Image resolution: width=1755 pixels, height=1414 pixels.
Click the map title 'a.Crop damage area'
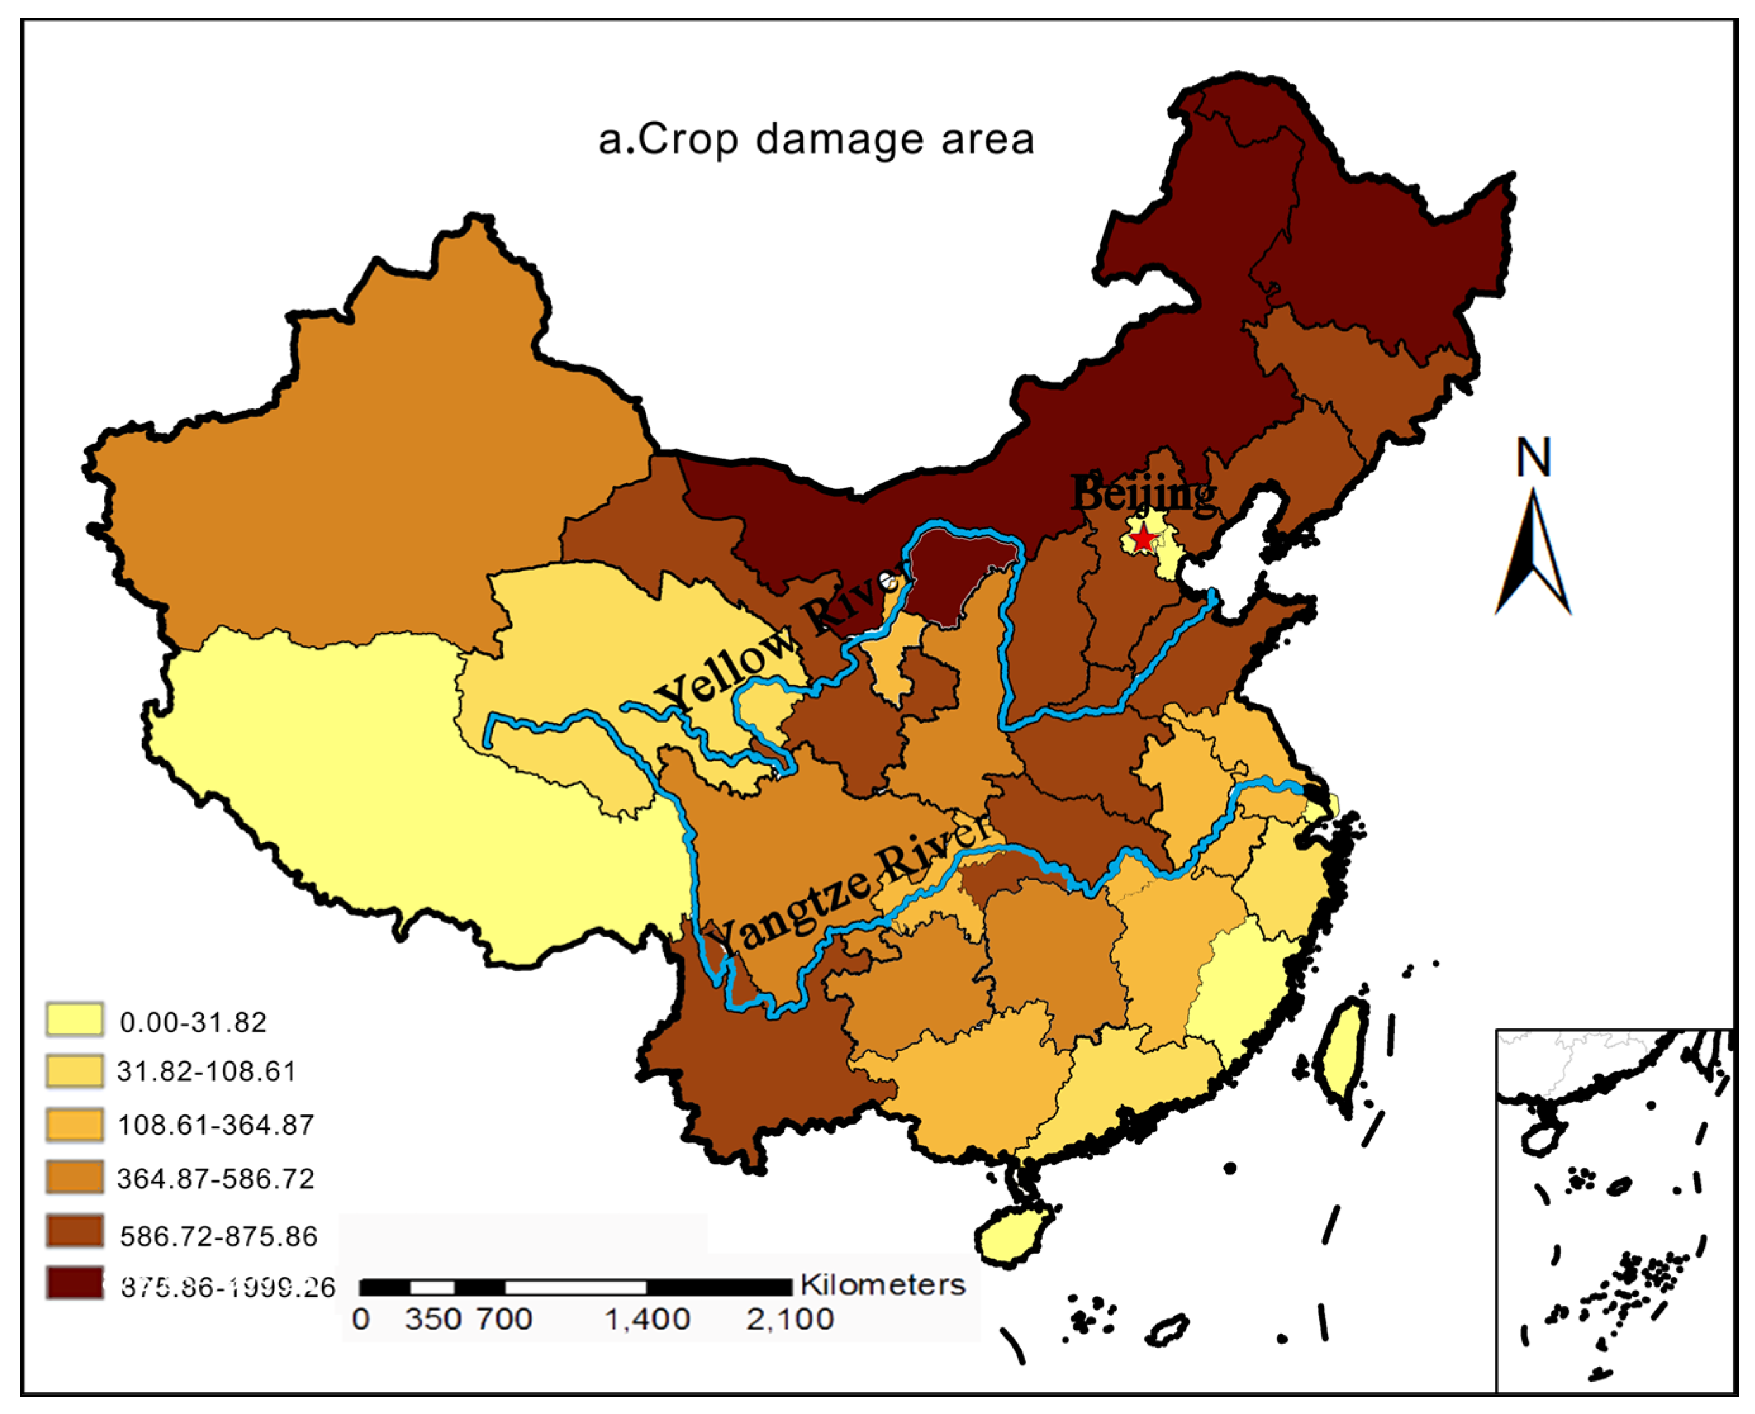pos(816,139)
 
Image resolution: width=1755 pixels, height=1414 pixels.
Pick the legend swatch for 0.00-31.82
pos(74,1019)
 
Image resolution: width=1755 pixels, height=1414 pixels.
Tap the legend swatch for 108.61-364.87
pos(74,1124)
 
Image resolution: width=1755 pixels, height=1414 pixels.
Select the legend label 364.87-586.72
pos(216,1178)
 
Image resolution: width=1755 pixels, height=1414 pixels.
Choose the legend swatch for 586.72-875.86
pos(74,1231)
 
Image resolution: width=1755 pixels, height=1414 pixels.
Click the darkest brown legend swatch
pos(74,1283)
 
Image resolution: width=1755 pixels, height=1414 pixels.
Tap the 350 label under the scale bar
pos(432,1320)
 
